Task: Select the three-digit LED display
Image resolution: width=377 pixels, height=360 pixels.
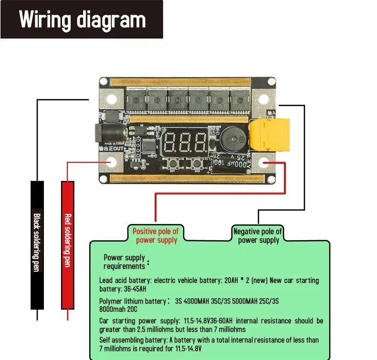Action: [x=185, y=141]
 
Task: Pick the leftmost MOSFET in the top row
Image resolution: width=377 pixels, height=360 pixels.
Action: [x=136, y=100]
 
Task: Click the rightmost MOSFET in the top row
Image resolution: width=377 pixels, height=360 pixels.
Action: [x=240, y=100]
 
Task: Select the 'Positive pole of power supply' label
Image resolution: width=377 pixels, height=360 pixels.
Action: [x=156, y=236]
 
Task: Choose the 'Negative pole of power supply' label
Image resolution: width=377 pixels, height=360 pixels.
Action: [x=258, y=236]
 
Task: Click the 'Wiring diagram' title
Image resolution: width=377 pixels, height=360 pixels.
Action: [x=82, y=20]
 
